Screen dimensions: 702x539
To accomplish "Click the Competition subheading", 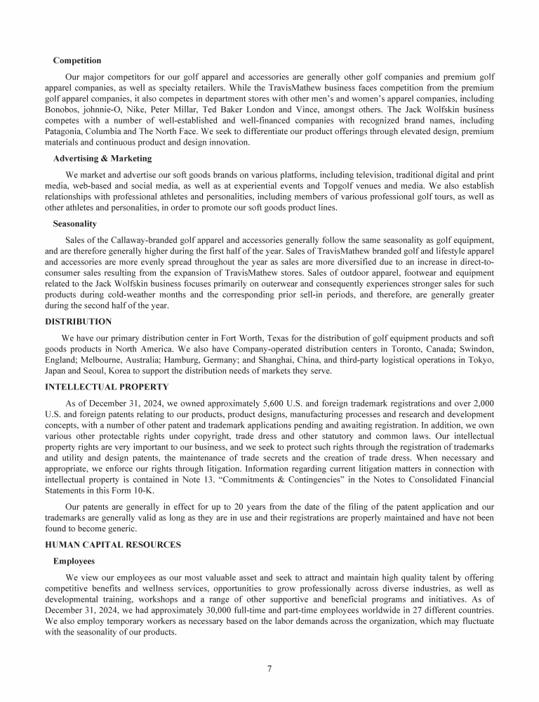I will (x=77, y=60).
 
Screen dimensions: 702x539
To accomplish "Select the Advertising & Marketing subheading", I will (x=102, y=158).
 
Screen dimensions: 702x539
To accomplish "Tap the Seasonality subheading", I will (x=75, y=224).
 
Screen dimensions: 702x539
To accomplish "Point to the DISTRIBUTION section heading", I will (x=79, y=322).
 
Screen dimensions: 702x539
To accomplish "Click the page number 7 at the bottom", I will (x=269, y=668).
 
